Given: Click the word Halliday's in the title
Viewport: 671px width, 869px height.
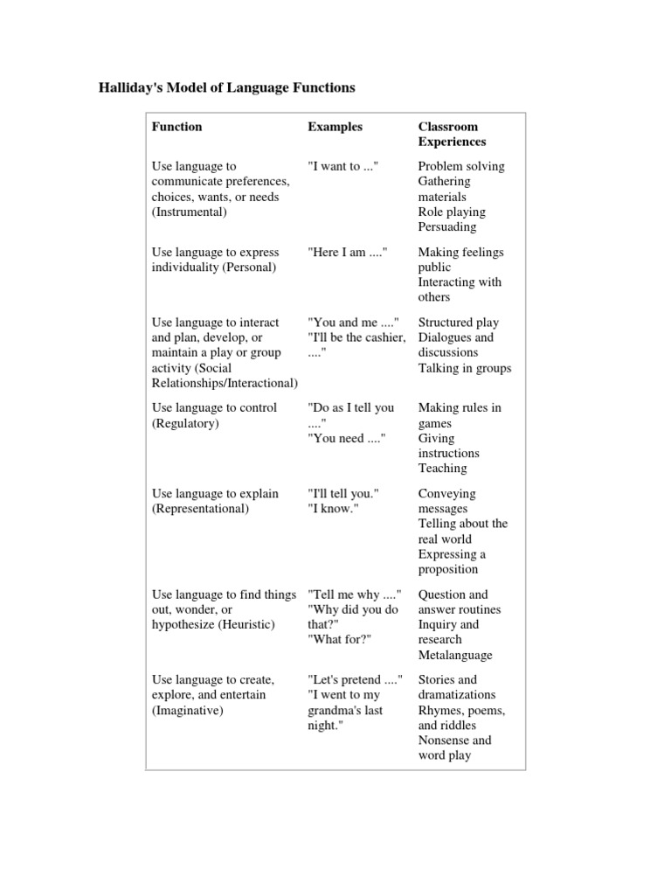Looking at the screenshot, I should click(x=133, y=88).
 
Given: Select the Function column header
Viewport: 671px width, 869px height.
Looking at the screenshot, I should click(x=176, y=127).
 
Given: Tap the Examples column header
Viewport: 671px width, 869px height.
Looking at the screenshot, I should click(x=335, y=127).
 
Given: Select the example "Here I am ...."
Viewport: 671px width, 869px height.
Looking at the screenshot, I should click(x=347, y=252).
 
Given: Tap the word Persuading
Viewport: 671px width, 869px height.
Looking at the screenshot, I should click(x=446, y=227).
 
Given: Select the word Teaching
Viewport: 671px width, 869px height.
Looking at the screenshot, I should click(x=442, y=469).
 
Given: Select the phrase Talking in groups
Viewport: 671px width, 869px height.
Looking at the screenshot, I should click(x=464, y=368).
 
